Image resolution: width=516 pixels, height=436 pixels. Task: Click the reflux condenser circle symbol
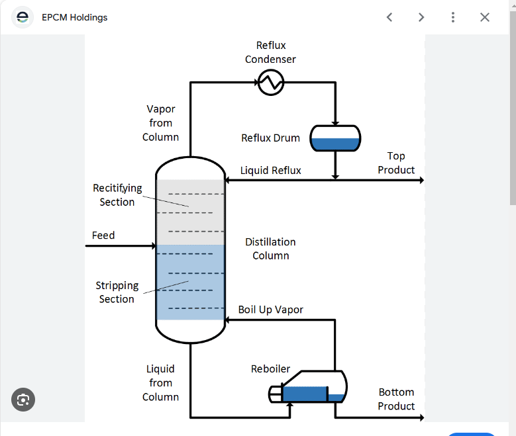click(x=270, y=83)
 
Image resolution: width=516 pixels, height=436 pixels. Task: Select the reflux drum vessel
click(x=336, y=138)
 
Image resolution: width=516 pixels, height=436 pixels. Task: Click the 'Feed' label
click(x=103, y=236)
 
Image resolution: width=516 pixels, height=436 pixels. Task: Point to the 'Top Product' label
click(x=396, y=163)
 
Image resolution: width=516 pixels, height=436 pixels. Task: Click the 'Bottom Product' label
click(x=396, y=399)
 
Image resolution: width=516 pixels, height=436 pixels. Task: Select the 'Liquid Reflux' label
click(x=270, y=171)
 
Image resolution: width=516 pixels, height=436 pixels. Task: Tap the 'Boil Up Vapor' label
click(x=271, y=310)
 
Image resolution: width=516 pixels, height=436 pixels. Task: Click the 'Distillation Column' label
click(x=270, y=249)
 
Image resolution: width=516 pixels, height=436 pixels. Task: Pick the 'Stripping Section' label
click(x=117, y=292)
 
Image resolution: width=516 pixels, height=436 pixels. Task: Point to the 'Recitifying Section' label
click(x=117, y=195)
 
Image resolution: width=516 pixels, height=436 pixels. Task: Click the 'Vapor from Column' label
click(x=160, y=123)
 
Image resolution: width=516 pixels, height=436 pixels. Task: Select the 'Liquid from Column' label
click(x=160, y=383)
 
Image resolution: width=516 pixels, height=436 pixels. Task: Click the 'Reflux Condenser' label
click(x=270, y=52)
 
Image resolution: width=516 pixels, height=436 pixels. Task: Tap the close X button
click(x=485, y=17)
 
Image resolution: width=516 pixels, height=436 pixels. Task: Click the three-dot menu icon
click(x=453, y=17)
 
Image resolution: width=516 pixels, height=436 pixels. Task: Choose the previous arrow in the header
click(x=389, y=17)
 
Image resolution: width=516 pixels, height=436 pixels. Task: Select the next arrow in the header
click(x=421, y=17)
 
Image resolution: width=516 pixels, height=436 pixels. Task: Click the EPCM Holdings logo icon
click(x=23, y=17)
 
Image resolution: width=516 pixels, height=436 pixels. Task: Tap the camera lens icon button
click(x=23, y=400)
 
